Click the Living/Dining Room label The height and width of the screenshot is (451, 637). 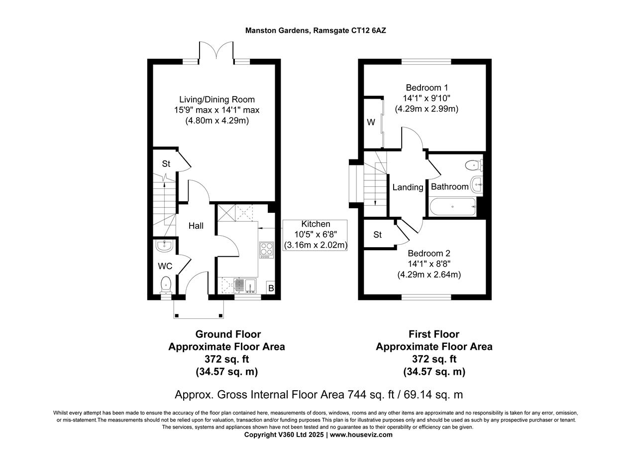[x=217, y=100]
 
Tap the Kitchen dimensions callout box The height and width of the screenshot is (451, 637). [x=315, y=235]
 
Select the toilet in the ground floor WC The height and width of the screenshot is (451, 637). [x=165, y=285]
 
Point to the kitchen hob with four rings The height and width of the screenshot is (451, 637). [x=266, y=249]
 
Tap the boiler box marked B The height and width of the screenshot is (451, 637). [x=271, y=288]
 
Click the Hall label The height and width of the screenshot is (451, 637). [x=196, y=226]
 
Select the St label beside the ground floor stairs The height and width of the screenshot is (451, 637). [x=166, y=163]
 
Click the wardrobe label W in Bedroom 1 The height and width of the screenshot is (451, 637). [x=371, y=123]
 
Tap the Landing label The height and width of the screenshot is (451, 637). [x=408, y=187]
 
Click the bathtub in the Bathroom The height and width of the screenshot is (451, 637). [x=452, y=206]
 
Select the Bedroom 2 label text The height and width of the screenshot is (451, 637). [x=428, y=253]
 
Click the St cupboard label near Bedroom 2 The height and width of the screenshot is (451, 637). [x=377, y=234]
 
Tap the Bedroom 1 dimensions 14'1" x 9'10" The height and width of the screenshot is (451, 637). [x=426, y=98]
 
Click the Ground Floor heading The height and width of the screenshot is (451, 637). [x=227, y=334]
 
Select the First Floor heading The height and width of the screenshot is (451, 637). [x=434, y=334]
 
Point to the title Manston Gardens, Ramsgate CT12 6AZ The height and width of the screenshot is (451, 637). [x=316, y=30]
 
